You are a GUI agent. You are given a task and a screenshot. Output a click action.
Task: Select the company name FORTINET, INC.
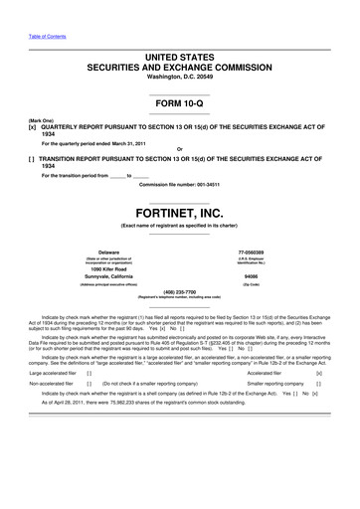coord(179,212)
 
